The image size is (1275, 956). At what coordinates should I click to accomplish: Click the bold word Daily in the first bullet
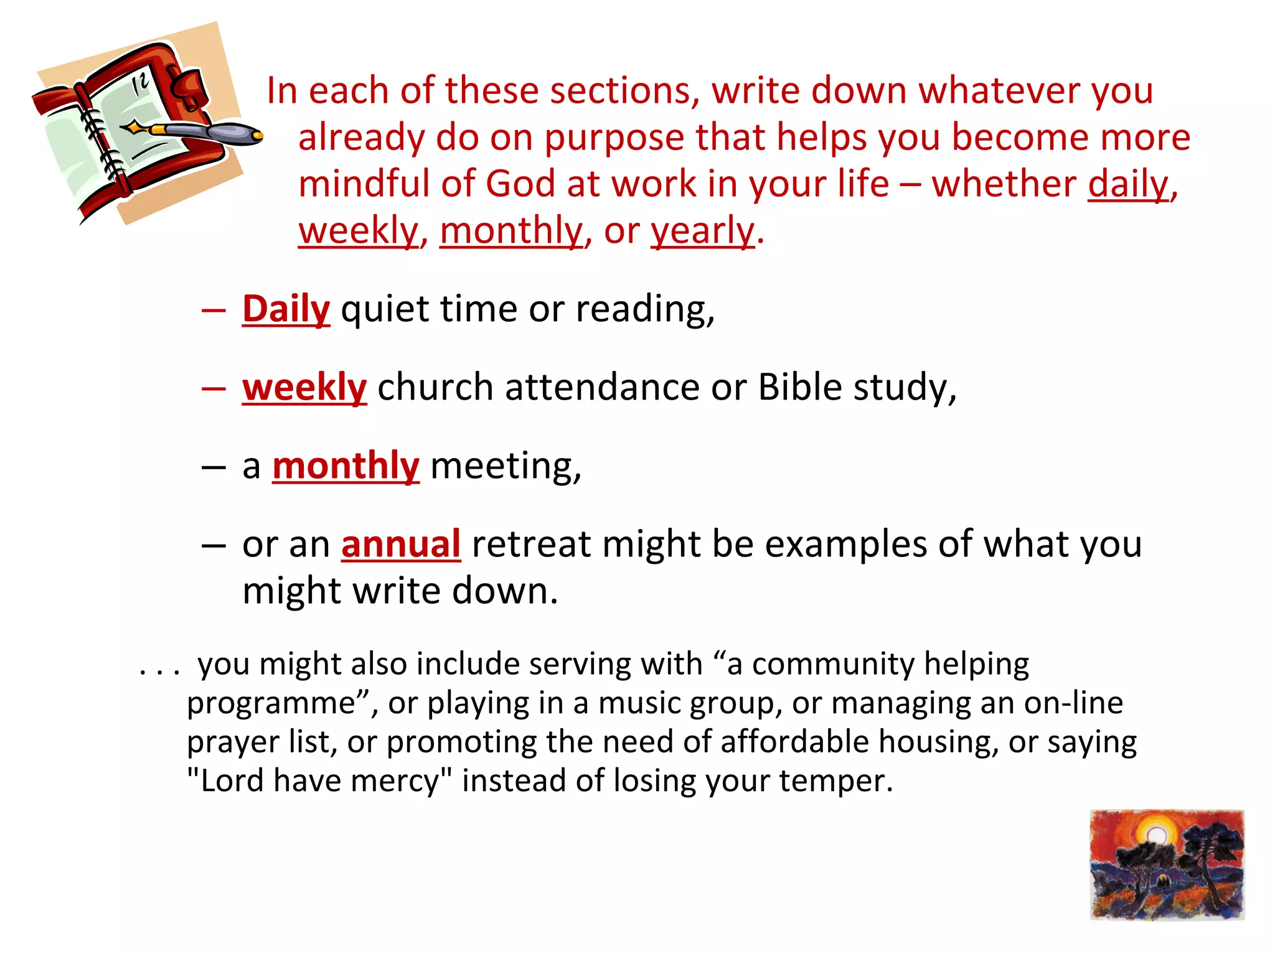286,309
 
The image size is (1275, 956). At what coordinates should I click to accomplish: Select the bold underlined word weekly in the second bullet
304,387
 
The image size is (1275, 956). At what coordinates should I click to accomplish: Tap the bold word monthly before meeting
346,466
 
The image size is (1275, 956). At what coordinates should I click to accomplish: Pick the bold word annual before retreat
401,544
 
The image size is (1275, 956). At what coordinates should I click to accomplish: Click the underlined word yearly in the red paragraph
702,231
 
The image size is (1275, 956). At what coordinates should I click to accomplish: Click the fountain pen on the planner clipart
199,131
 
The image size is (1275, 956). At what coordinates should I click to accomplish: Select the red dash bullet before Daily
214,309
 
